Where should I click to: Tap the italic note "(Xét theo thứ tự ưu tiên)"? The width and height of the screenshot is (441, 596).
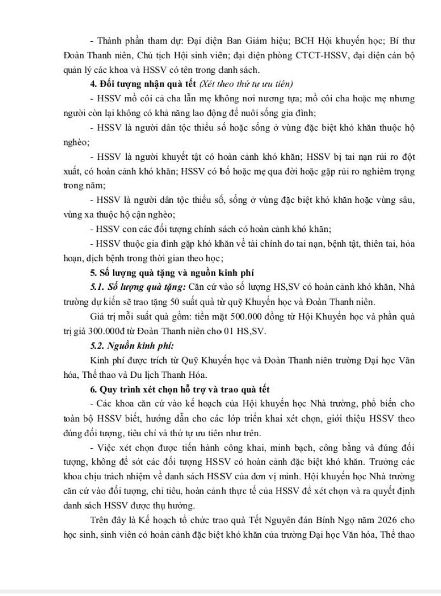point(248,84)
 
